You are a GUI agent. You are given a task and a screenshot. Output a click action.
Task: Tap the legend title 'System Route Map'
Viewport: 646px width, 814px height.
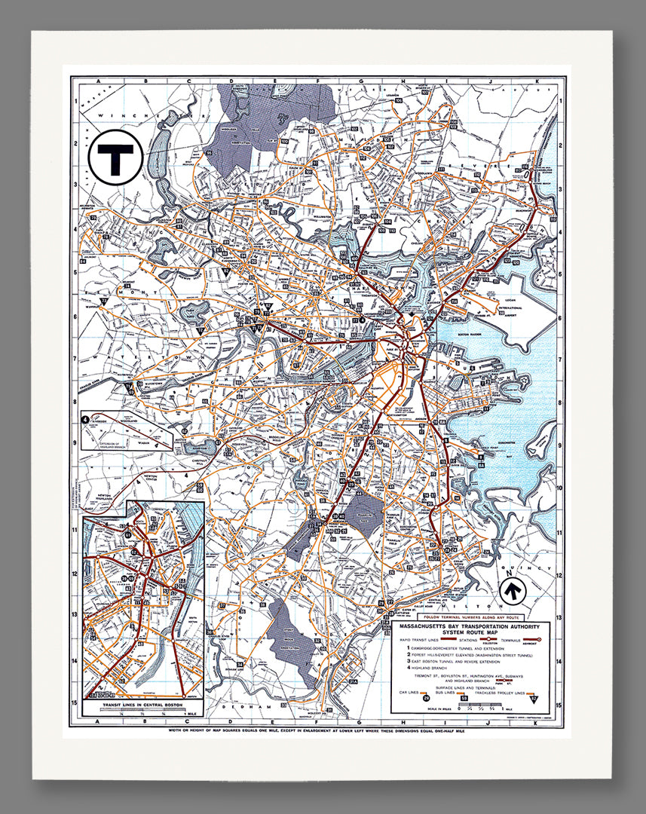[x=471, y=632]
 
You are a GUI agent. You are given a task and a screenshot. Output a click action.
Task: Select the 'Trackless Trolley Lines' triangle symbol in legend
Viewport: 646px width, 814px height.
[x=534, y=696]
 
